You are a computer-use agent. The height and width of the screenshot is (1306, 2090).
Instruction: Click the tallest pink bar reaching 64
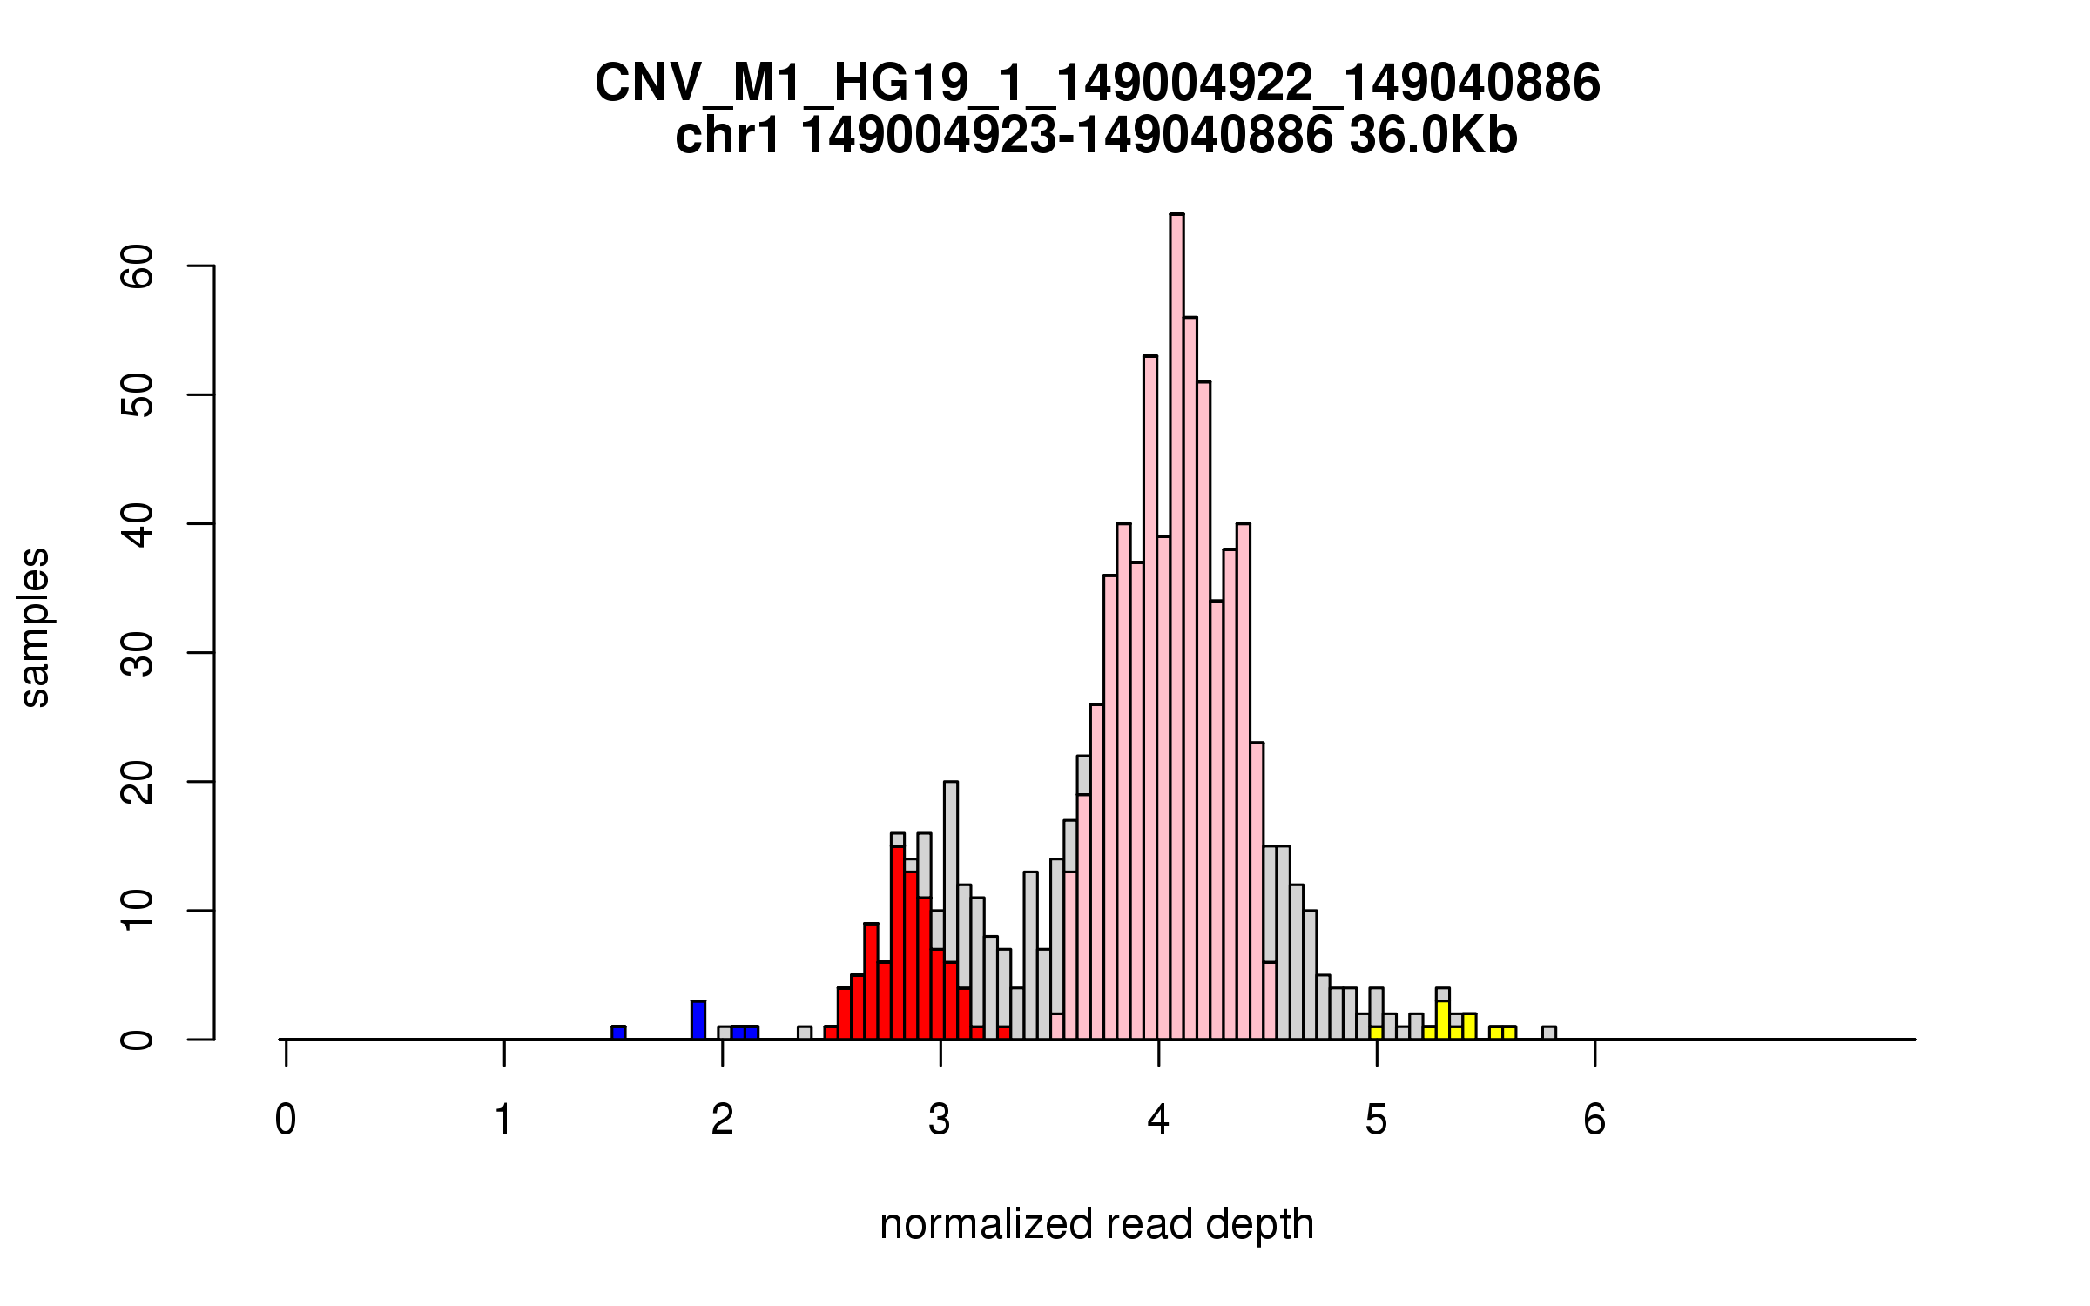pos(1176,627)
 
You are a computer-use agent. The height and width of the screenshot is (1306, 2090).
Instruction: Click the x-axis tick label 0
pos(286,1120)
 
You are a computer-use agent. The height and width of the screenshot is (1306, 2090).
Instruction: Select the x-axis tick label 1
pos(503,1120)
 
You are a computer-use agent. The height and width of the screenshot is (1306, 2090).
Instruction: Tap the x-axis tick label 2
pos(722,1120)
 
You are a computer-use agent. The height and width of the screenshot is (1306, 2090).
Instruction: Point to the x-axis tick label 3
pos(940,1120)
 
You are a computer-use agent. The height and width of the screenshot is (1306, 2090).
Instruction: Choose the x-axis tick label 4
pos(1158,1120)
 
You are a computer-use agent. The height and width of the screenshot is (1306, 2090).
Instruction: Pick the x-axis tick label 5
pos(1376,1120)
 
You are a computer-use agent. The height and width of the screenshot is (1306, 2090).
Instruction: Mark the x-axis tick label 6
pos(1594,1120)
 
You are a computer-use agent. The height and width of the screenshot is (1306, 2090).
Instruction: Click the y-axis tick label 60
pos(138,266)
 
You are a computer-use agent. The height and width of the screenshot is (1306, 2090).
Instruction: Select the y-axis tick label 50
pos(138,394)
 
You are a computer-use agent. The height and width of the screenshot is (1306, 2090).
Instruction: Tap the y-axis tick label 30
pos(138,653)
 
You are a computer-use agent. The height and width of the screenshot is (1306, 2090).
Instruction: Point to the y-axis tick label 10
pos(138,911)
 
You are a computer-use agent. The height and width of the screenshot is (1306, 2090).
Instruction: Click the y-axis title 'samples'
pos(35,627)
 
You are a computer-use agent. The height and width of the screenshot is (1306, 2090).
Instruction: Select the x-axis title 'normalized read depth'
pos(1096,1224)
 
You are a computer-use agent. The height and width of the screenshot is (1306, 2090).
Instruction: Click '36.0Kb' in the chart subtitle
pos(1433,137)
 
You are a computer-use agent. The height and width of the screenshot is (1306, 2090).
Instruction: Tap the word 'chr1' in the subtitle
pos(728,137)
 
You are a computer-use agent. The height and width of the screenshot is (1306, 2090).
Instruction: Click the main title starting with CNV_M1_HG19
pos(1097,84)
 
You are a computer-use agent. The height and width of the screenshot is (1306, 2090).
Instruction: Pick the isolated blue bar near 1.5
pos(618,1033)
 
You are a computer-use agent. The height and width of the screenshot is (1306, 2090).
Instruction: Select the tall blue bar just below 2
pos(698,1020)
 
